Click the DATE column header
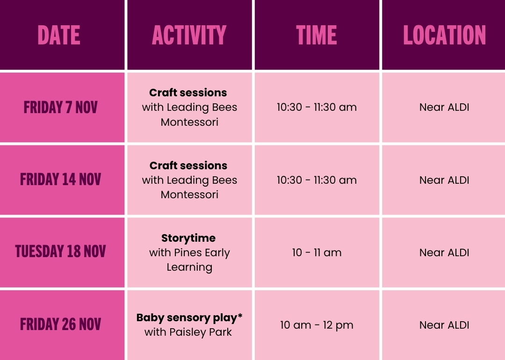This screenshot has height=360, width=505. click(x=59, y=35)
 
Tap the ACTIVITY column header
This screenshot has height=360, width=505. click(x=189, y=35)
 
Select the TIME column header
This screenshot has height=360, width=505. click(x=317, y=35)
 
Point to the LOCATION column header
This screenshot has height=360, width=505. click(x=445, y=35)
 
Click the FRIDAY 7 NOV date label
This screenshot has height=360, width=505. click(x=60, y=107)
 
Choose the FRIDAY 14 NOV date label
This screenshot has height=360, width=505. click(x=60, y=180)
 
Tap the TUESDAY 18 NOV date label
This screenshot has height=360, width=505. click(x=60, y=252)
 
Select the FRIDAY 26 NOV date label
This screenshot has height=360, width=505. click(x=60, y=324)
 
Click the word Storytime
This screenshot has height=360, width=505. click(x=188, y=238)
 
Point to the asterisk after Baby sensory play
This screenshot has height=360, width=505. click(x=240, y=316)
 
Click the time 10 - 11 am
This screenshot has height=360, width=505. click(x=317, y=252)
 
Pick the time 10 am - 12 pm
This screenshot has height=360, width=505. click(x=317, y=325)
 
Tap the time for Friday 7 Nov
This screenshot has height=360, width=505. click(x=317, y=107)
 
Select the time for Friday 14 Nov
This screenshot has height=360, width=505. click(x=317, y=180)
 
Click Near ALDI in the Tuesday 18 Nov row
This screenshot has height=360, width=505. click(x=445, y=252)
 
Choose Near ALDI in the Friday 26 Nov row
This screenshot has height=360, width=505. click(x=445, y=325)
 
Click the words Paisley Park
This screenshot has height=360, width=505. click(x=201, y=332)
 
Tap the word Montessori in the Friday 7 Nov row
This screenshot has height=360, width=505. click(x=189, y=122)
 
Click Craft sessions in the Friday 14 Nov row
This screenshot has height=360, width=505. click(x=188, y=166)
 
